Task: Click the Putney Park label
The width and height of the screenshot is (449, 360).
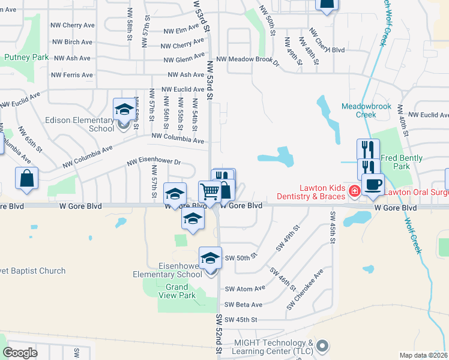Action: pos(26,57)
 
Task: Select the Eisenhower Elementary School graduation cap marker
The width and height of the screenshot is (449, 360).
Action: pos(210,259)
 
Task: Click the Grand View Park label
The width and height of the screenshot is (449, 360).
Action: pos(181,291)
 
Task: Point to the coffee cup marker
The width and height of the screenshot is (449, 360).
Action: pos(372,184)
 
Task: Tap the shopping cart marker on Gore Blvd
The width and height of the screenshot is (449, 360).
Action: pos(209,192)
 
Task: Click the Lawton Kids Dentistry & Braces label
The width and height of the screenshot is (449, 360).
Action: pos(311,192)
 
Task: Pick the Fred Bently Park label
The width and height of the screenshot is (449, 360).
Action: pos(402,162)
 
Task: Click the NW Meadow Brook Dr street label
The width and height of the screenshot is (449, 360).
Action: pos(248,59)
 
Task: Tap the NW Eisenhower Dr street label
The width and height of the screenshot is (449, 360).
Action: pos(154,162)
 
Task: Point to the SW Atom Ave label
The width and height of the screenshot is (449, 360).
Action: pos(245,289)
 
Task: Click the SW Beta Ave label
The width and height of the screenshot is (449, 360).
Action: pos(244,305)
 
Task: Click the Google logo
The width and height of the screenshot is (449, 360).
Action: pos(20,353)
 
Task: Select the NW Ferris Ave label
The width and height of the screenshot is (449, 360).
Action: pos(72,75)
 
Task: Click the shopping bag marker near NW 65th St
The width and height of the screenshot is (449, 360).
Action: pos(26,178)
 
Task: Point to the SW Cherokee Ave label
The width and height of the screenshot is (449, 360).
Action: pos(305,289)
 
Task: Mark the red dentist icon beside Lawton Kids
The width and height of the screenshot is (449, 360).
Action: pos(354,191)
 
